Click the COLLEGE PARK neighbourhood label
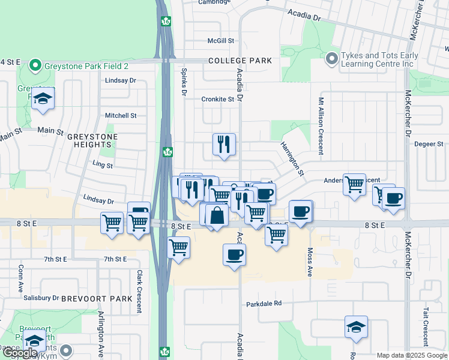(x=240, y=61)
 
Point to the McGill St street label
(x=220, y=41)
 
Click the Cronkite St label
(x=217, y=99)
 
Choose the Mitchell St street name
(x=121, y=115)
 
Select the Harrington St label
(x=292, y=158)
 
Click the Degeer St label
(x=429, y=144)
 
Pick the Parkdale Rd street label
(x=264, y=304)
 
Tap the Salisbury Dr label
(x=41, y=298)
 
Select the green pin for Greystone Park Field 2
(x=35, y=65)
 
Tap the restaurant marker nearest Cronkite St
(x=224, y=145)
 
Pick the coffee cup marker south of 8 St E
(x=234, y=255)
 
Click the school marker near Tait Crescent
(x=356, y=328)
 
